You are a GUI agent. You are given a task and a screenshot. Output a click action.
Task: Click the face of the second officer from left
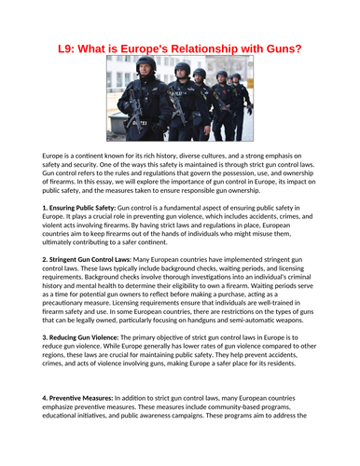(x=183, y=74)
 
